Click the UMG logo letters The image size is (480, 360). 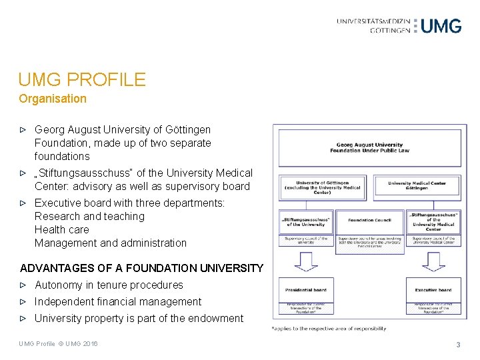441,26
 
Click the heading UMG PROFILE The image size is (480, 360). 82,80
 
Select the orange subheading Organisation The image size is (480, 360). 53,99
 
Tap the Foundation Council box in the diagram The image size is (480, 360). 370,220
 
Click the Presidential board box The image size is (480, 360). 305,290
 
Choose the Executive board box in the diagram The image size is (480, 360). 433,290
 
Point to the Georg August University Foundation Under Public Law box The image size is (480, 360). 369,147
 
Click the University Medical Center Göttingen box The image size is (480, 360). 417,186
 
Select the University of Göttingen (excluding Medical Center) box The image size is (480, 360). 323,186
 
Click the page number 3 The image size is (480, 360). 458,345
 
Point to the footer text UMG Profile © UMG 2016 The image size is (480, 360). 58,344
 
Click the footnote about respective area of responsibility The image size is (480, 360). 329,329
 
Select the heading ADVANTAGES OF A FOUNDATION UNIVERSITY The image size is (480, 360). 142,268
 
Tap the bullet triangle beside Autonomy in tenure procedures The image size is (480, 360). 23,285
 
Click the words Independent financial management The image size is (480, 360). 118,302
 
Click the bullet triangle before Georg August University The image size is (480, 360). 23,130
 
